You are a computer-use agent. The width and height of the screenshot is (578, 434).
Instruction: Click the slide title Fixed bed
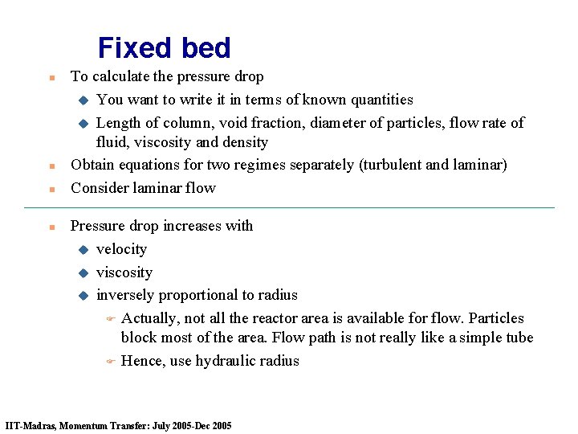tap(164, 48)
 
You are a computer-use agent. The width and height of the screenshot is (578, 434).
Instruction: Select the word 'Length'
tap(118, 123)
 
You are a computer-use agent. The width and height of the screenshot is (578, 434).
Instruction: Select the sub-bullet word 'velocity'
tap(121, 249)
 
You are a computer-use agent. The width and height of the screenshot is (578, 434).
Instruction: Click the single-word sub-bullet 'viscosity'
tap(124, 272)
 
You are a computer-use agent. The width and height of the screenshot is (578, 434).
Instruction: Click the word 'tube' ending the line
tap(518, 338)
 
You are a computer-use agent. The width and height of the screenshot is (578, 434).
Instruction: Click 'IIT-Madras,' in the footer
tap(30, 425)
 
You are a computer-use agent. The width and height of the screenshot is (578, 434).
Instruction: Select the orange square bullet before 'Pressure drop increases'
tap(51, 227)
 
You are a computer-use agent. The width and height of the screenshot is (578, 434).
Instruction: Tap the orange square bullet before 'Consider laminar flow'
tap(51, 190)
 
